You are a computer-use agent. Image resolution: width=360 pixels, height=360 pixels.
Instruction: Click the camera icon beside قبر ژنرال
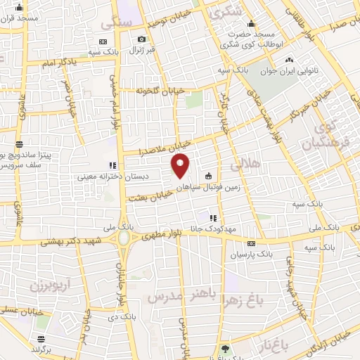(142, 39)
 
